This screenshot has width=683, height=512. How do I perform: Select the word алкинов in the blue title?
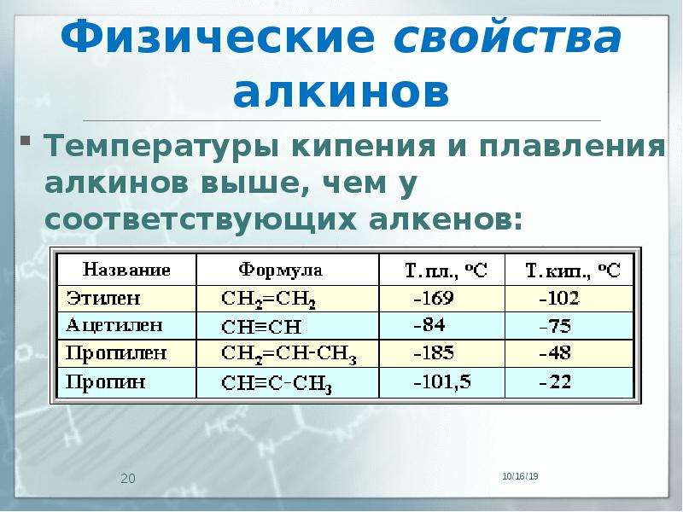341,93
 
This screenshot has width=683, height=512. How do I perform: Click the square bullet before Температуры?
26,141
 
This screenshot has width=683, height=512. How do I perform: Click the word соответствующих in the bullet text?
201,220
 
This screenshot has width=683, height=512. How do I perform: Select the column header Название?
126,270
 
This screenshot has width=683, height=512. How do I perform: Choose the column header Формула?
281,270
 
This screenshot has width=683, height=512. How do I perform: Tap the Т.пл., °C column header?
446,271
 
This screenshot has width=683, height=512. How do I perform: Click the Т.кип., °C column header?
573,271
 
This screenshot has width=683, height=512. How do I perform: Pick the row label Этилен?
103,298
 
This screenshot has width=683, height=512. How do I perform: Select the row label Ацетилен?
114,325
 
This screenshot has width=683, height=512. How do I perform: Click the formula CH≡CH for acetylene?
261,327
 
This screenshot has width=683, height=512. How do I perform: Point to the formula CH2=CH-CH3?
289,354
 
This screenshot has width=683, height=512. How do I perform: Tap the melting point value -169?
434,298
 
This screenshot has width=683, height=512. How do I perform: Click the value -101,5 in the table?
442,381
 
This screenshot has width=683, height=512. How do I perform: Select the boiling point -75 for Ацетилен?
555,326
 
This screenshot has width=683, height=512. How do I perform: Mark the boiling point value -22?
555,381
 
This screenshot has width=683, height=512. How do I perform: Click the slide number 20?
128,479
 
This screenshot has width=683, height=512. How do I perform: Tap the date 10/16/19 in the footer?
520,476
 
